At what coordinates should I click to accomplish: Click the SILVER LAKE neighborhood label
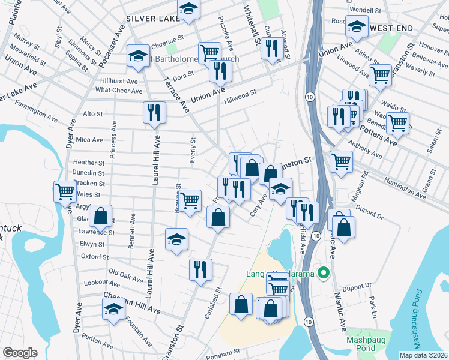pyautogui.click(x=152, y=19)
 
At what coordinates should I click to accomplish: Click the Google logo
pyautogui.click(x=20, y=353)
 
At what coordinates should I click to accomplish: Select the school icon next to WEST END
pyautogui.click(x=357, y=26)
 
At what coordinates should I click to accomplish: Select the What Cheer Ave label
pyautogui.click(x=119, y=91)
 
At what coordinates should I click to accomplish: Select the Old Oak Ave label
pyautogui.click(x=126, y=275)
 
